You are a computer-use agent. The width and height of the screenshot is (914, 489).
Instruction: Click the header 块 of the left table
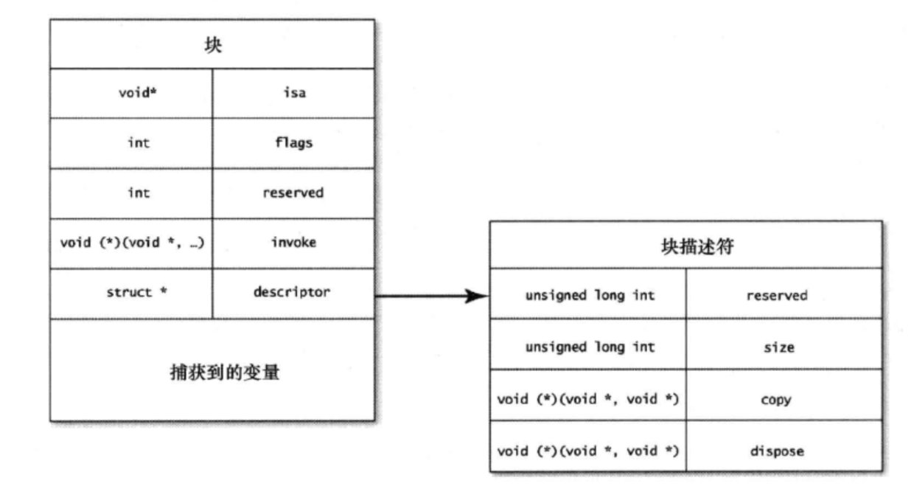click(212, 45)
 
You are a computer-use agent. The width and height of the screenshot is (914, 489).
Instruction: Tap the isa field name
click(293, 94)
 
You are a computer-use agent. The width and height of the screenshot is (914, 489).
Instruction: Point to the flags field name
click(293, 143)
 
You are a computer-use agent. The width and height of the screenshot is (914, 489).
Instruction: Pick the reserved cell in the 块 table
click(293, 193)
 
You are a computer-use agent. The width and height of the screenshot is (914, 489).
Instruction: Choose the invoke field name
click(293, 242)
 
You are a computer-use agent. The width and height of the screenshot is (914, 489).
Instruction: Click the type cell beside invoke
click(131, 242)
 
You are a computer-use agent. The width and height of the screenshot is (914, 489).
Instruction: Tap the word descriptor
click(293, 292)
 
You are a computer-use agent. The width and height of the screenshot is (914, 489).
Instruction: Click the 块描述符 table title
click(686, 247)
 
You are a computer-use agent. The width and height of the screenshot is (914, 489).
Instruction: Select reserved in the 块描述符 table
click(776, 296)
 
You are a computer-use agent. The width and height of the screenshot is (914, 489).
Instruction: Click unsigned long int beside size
click(590, 347)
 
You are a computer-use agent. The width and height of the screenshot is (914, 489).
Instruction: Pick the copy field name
click(775, 399)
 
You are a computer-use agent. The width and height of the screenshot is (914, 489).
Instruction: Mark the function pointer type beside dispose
click(588, 450)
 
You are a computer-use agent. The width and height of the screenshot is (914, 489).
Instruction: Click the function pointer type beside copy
click(588, 399)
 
